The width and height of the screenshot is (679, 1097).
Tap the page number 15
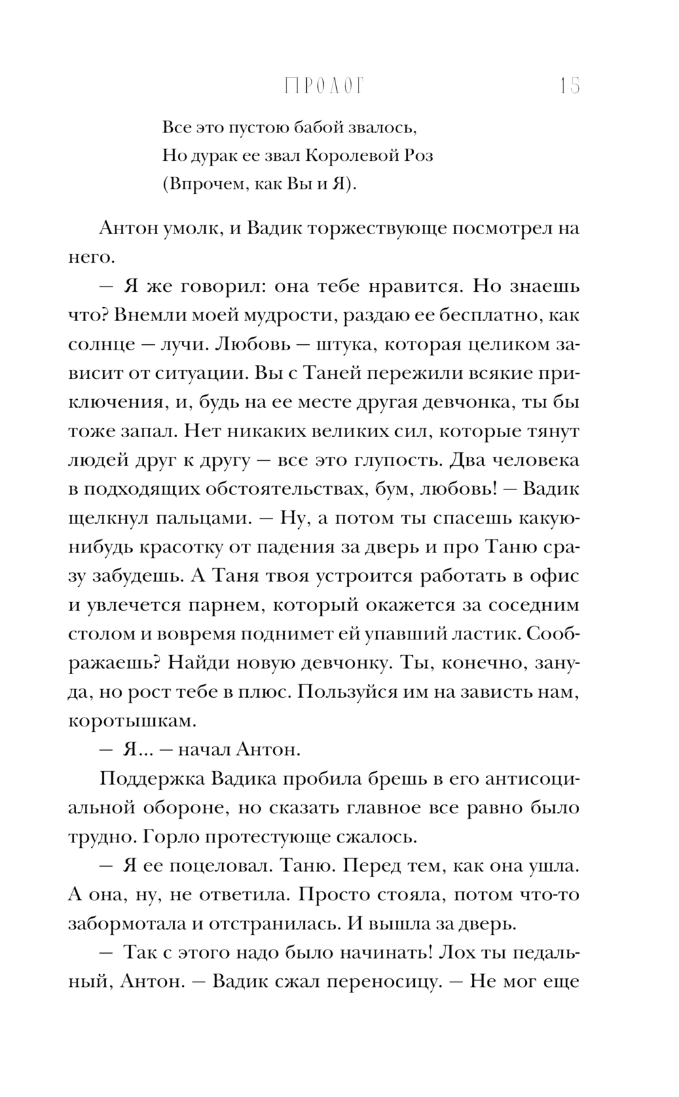click(x=569, y=87)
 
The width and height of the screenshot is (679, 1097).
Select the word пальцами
click(x=194, y=518)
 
